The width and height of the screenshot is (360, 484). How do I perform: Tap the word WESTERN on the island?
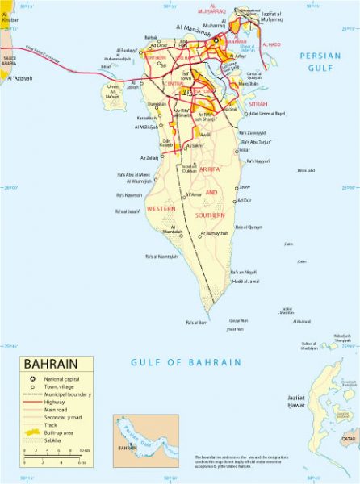click(x=161, y=209)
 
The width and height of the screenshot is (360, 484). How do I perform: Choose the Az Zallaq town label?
click(x=149, y=158)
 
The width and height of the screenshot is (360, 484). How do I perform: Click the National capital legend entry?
click(x=67, y=379)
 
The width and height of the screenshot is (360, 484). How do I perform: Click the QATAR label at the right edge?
click(x=349, y=440)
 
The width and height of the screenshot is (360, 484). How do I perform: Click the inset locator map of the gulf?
click(x=145, y=440)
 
